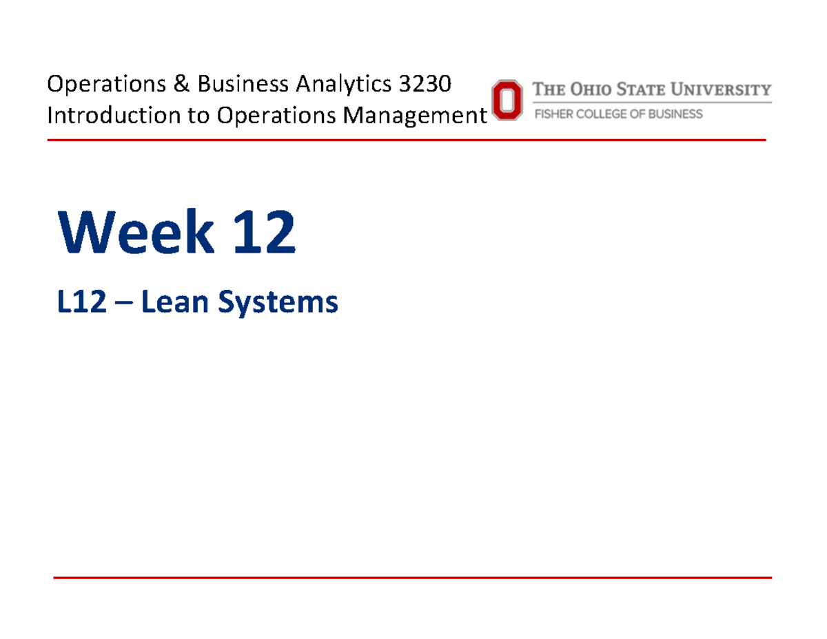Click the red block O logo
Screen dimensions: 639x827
[x=506, y=101]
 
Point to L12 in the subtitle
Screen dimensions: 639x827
[x=81, y=303]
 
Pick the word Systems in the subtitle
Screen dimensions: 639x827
[x=279, y=304]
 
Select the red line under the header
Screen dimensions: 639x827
[x=407, y=140]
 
